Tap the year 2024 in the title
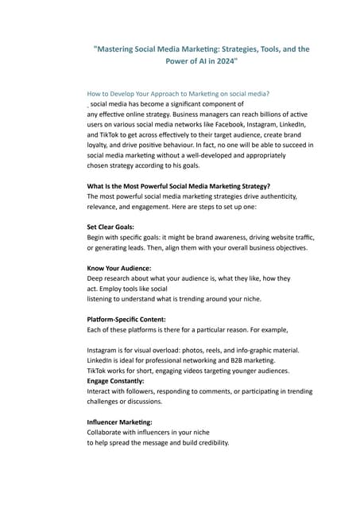pos(219,60)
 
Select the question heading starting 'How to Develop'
pos(178,94)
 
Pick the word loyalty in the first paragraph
pos(99,146)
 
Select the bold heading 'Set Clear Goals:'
pos(110,227)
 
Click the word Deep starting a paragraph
pos(96,278)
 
